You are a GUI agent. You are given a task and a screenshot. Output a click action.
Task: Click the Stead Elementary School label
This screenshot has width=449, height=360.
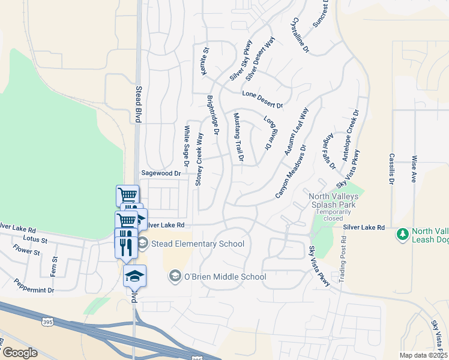pyautogui.click(x=197, y=244)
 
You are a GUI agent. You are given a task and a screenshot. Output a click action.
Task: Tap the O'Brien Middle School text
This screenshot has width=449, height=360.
pyautogui.click(x=224, y=277)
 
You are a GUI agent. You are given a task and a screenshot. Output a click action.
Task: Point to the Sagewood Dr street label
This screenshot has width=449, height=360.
pyautogui.click(x=160, y=173)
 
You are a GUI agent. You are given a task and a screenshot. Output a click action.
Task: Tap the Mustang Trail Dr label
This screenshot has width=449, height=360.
pyautogui.click(x=238, y=137)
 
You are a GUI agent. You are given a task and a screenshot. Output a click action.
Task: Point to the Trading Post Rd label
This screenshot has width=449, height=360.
pyautogui.click(x=343, y=259)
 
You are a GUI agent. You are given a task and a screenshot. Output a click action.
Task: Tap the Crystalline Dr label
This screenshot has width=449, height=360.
pyautogui.click(x=299, y=34)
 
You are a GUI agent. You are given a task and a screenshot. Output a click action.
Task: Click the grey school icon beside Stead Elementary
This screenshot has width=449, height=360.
pyautogui.click(x=142, y=243)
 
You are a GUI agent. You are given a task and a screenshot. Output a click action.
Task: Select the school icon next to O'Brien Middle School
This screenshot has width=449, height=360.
pyautogui.click(x=175, y=276)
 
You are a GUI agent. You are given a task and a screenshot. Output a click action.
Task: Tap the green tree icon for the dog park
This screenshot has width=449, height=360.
pyautogui.click(x=403, y=232)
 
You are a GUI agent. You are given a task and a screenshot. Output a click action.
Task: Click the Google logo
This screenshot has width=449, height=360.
pyautogui.click(x=20, y=352)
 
